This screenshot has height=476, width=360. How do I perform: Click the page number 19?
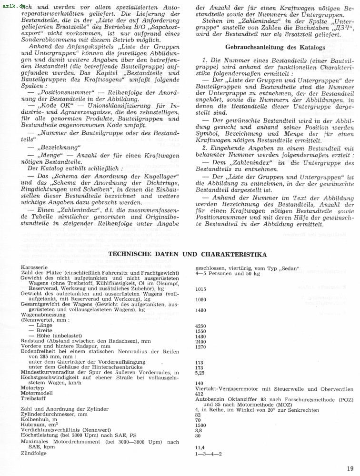click(x=350, y=468)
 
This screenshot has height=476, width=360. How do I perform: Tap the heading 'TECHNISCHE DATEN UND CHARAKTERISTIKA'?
click(x=188, y=255)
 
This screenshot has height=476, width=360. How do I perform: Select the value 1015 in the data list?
click(x=200, y=289)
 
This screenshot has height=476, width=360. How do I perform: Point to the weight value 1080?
click(x=200, y=299)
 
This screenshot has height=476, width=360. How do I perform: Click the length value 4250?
click(x=200, y=326)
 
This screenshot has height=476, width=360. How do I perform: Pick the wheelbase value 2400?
click(x=200, y=341)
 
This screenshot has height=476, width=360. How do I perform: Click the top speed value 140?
click(x=199, y=383)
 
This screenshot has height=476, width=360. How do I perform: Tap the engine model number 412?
click(x=199, y=394)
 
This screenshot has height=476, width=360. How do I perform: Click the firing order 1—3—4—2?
click(x=209, y=453)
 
